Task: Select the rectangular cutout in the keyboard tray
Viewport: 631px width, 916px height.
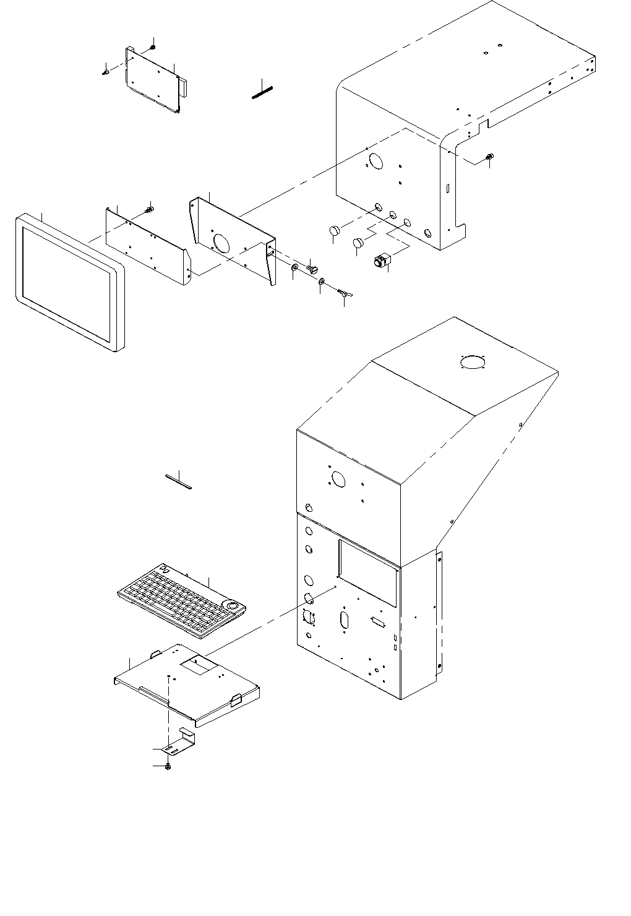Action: click(199, 665)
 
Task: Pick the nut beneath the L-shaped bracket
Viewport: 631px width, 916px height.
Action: click(168, 767)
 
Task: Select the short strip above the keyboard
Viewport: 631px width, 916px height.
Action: click(179, 481)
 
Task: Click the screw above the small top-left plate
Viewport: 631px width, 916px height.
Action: click(152, 47)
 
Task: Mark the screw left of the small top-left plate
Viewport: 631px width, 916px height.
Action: click(105, 72)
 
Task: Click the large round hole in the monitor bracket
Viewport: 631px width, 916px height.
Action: click(221, 242)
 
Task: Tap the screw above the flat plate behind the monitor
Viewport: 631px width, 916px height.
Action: click(149, 210)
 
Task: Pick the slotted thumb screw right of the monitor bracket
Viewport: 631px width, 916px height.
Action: click(312, 269)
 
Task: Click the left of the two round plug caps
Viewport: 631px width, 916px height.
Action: click(335, 231)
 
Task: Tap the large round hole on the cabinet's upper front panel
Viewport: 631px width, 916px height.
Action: click(338, 478)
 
